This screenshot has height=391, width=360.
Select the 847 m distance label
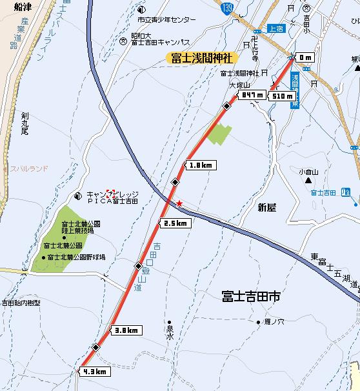(x=251, y=95)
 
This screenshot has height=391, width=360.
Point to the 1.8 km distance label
(x=201, y=165)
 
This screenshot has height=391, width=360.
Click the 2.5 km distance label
(x=175, y=223)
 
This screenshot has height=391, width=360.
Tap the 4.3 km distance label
(x=94, y=372)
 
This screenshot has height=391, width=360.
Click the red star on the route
(x=179, y=204)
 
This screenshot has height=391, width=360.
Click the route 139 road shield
(x=245, y=7)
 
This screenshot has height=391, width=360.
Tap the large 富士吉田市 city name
(x=251, y=297)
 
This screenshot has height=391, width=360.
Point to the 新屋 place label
(x=266, y=208)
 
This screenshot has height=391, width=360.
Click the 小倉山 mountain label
(x=309, y=172)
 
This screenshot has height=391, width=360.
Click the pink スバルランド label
(x=28, y=168)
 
